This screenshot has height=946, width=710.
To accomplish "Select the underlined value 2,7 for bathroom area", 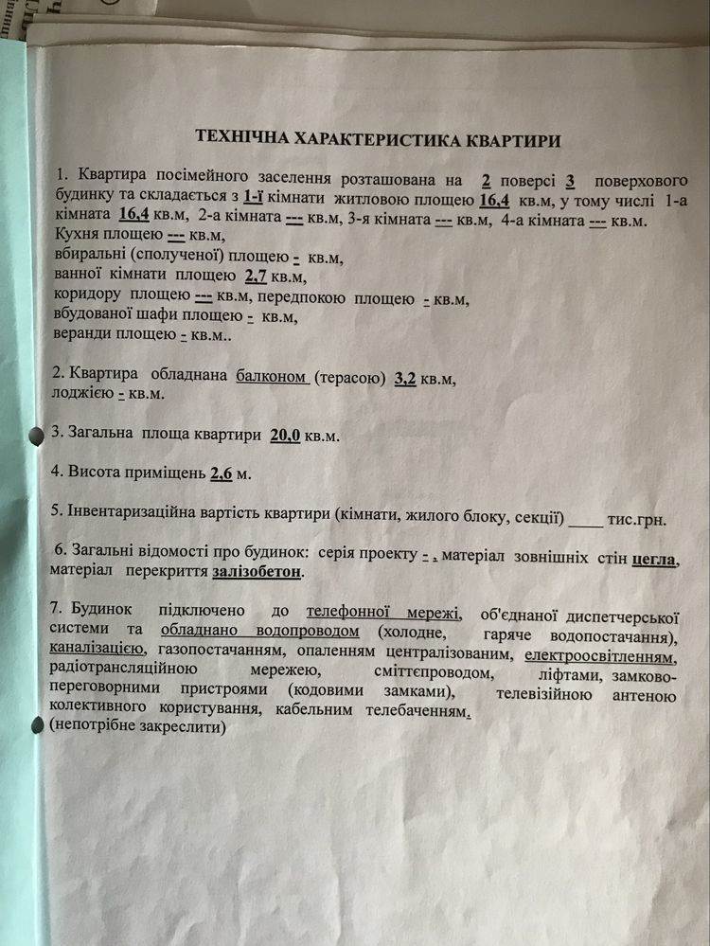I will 257,277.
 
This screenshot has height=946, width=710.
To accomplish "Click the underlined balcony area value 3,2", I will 404,378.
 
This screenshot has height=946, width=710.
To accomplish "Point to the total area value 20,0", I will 284,436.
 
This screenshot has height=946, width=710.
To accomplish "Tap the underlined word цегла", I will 654,559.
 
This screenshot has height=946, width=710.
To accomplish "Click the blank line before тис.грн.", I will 586,520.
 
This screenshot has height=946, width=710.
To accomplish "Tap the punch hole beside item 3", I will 37,435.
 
